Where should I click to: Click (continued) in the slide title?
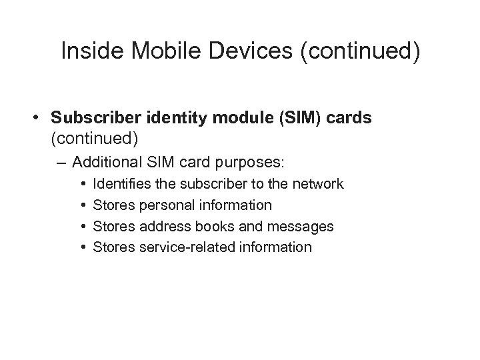[x=355, y=53]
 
